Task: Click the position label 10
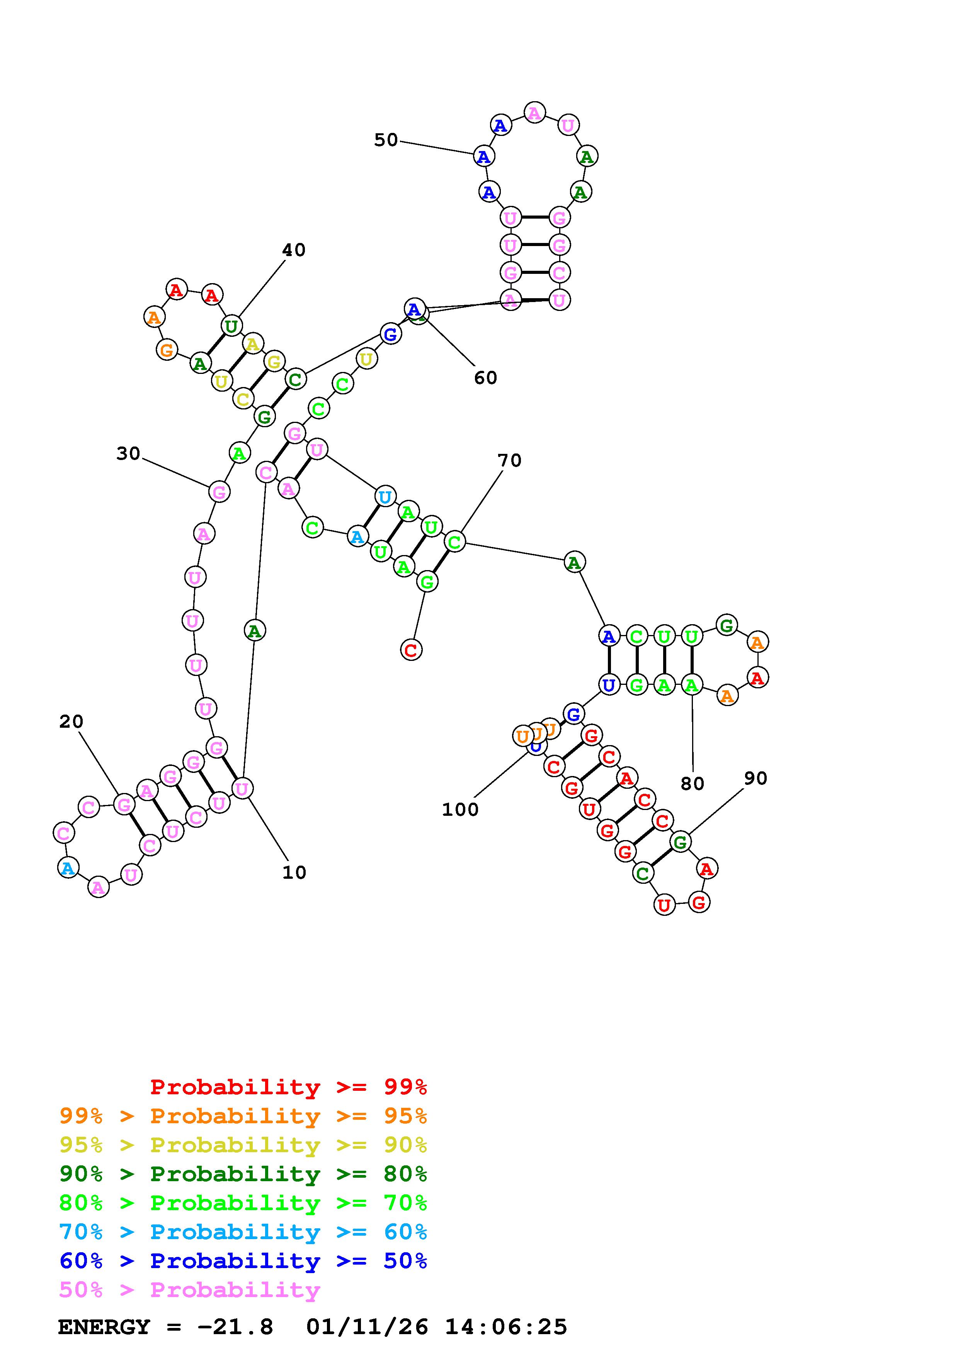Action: pyautogui.click(x=294, y=872)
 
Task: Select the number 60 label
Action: pyautogui.click(x=485, y=378)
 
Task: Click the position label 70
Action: pyautogui.click(x=509, y=460)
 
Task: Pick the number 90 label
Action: pyautogui.click(x=756, y=778)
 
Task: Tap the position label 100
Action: pyautogui.click(x=460, y=810)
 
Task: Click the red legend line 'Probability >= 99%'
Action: pyautogui.click(x=288, y=1087)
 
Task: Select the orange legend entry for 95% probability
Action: pyautogui.click(x=243, y=1116)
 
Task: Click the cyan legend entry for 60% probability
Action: pyautogui.click(x=243, y=1232)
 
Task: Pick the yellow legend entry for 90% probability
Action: pyautogui.click(x=243, y=1145)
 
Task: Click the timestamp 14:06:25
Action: pyautogui.click(x=506, y=1327)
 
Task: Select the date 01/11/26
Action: pyautogui.click(x=367, y=1327)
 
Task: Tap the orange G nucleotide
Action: pyautogui.click(x=167, y=350)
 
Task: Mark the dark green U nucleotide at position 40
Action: pyautogui.click(x=231, y=325)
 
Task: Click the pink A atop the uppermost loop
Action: pyautogui.click(x=535, y=112)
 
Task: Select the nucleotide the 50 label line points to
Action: pyautogui.click(x=484, y=156)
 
